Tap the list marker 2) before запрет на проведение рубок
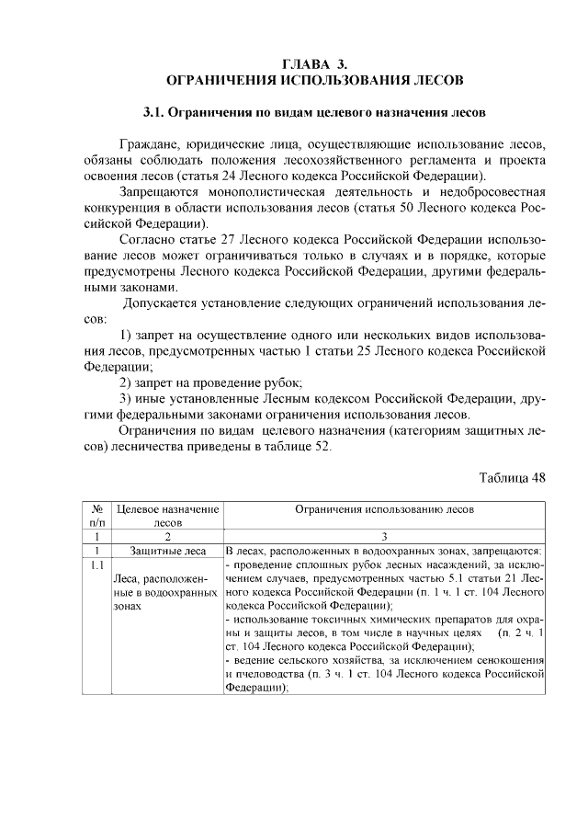pos(130,382)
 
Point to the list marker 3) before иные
pos(130,398)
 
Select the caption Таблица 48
pos(513,478)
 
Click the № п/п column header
pos(96,514)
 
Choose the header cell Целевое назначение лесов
pos(167,514)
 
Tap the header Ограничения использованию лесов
pos(385,507)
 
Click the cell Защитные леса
pos(167,551)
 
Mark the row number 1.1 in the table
pos(96,564)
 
